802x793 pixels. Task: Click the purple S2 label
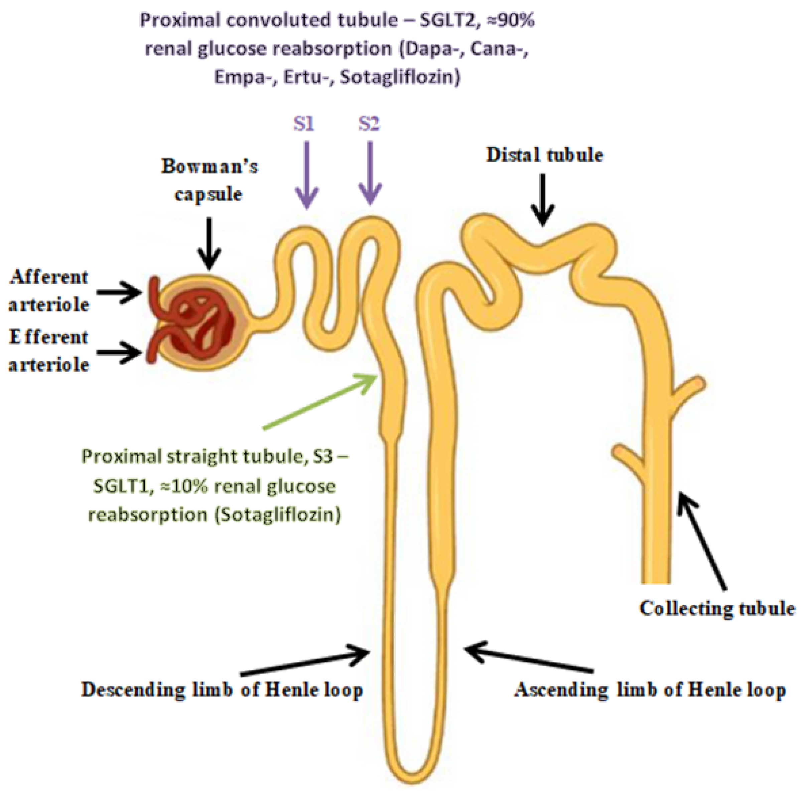point(369,124)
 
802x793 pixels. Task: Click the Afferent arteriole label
point(49,291)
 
